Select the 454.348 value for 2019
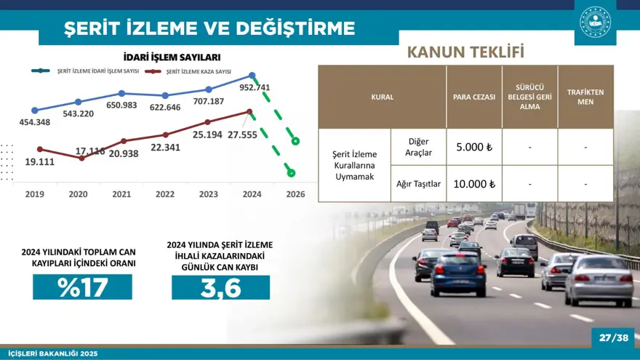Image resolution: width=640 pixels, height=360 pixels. tap(35, 122)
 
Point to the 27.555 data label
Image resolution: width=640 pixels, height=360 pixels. tap(242, 135)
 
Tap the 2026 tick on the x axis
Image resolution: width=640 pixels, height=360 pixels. tap(295, 194)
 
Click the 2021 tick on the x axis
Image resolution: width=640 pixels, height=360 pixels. tap(121, 194)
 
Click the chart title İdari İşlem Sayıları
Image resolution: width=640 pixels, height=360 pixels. tap(172, 57)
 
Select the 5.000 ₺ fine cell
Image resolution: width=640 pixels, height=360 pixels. tap(474, 147)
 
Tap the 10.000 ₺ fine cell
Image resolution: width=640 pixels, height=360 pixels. tap(474, 184)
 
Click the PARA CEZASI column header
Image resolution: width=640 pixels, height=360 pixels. tap(474, 97)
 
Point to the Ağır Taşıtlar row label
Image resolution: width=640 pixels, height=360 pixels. tap(418, 184)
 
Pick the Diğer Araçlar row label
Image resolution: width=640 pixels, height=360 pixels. tap(418, 147)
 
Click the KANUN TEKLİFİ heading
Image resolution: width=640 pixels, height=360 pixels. tap(465, 52)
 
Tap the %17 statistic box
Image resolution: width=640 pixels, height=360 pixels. tap(82, 287)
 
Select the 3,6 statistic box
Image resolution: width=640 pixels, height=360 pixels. tap(220, 287)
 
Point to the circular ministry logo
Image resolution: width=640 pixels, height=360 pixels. tap(595, 22)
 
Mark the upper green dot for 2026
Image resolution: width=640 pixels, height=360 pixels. tap(295, 140)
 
